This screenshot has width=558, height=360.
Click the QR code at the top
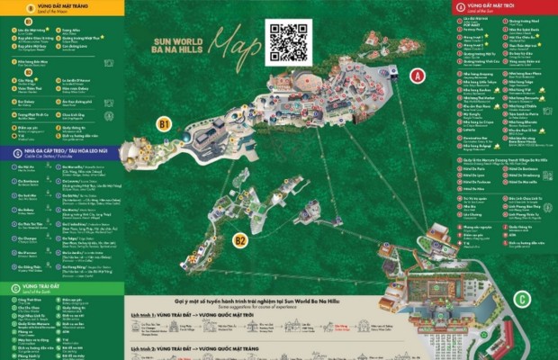tap(289, 40)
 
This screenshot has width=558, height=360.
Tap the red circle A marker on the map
tap(417, 76)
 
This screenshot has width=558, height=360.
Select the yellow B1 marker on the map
tap(163, 124)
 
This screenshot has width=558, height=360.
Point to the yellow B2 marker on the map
tap(239, 240)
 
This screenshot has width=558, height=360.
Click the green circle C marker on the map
tap(522, 299)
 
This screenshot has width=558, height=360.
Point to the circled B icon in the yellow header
tap(31, 7)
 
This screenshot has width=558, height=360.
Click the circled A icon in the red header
tap(460, 6)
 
